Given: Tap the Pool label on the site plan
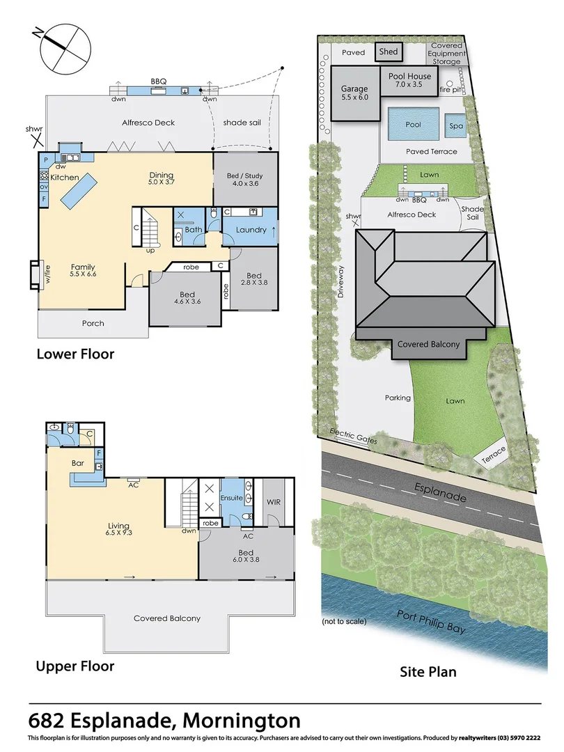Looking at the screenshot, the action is [413, 125].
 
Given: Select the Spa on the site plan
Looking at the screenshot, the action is [456, 125].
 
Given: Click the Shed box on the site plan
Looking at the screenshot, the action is [389, 52].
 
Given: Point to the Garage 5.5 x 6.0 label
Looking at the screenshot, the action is [354, 93].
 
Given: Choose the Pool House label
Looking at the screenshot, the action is [409, 77].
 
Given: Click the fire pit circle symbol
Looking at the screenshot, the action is [450, 84].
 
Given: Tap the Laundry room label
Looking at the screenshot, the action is [251, 230].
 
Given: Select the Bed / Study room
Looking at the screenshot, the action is [246, 180].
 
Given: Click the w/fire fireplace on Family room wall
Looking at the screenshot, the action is [35, 275].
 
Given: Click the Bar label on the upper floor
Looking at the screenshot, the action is [78, 463].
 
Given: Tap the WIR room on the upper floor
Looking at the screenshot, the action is [274, 501].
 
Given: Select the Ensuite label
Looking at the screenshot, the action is [231, 498].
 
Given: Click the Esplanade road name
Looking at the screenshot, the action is [440, 492].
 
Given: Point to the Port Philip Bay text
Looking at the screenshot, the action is [431, 622].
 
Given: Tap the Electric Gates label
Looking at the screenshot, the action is [354, 437].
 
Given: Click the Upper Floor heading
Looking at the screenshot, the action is [75, 666].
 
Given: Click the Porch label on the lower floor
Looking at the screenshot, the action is [93, 323].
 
